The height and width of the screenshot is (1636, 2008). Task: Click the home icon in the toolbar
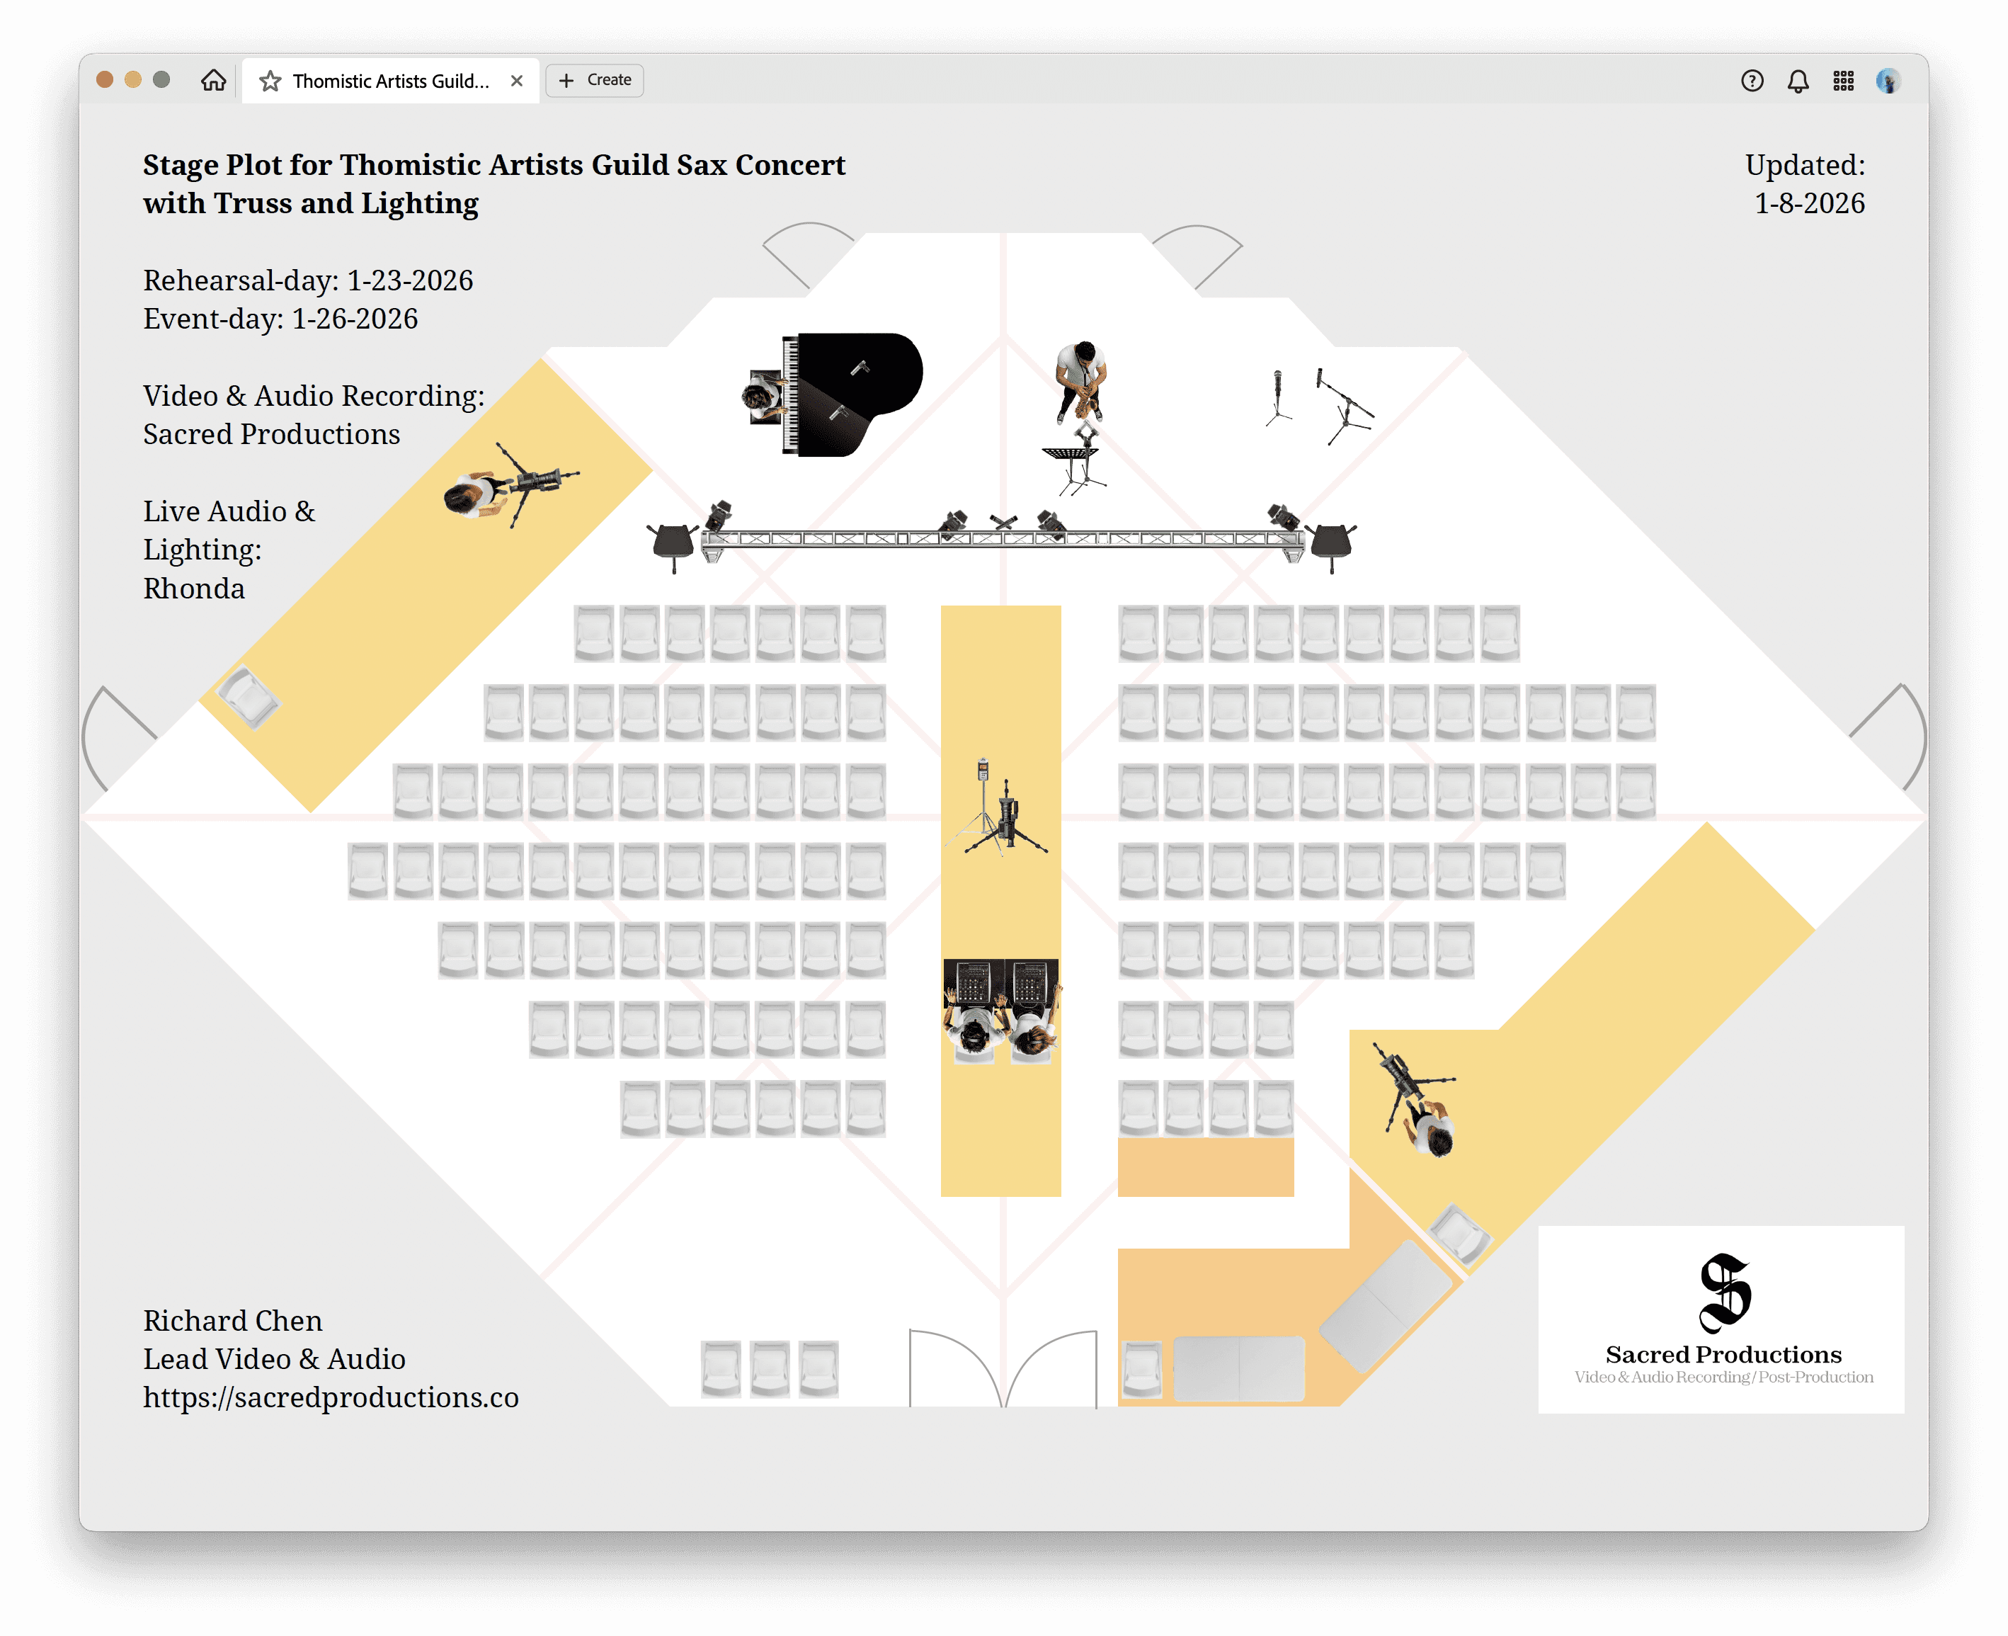coord(214,80)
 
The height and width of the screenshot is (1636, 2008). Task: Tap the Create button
coord(595,80)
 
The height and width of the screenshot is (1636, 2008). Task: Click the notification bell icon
coord(1798,81)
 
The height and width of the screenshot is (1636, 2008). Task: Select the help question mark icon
coord(1752,81)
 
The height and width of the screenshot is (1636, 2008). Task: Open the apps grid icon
coord(1843,81)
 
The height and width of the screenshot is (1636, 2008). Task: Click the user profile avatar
coord(1888,81)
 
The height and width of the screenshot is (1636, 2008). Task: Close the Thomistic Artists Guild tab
coord(516,81)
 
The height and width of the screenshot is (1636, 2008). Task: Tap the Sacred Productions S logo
coord(1723,1293)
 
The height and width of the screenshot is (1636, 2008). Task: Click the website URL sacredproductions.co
coord(331,1397)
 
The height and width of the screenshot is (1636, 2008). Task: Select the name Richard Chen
coord(233,1320)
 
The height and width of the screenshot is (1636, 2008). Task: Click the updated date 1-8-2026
coord(1808,203)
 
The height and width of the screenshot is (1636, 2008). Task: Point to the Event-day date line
coord(280,319)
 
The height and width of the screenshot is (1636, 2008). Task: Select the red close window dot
coord(105,80)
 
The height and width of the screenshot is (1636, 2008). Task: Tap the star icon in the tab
coord(270,81)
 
